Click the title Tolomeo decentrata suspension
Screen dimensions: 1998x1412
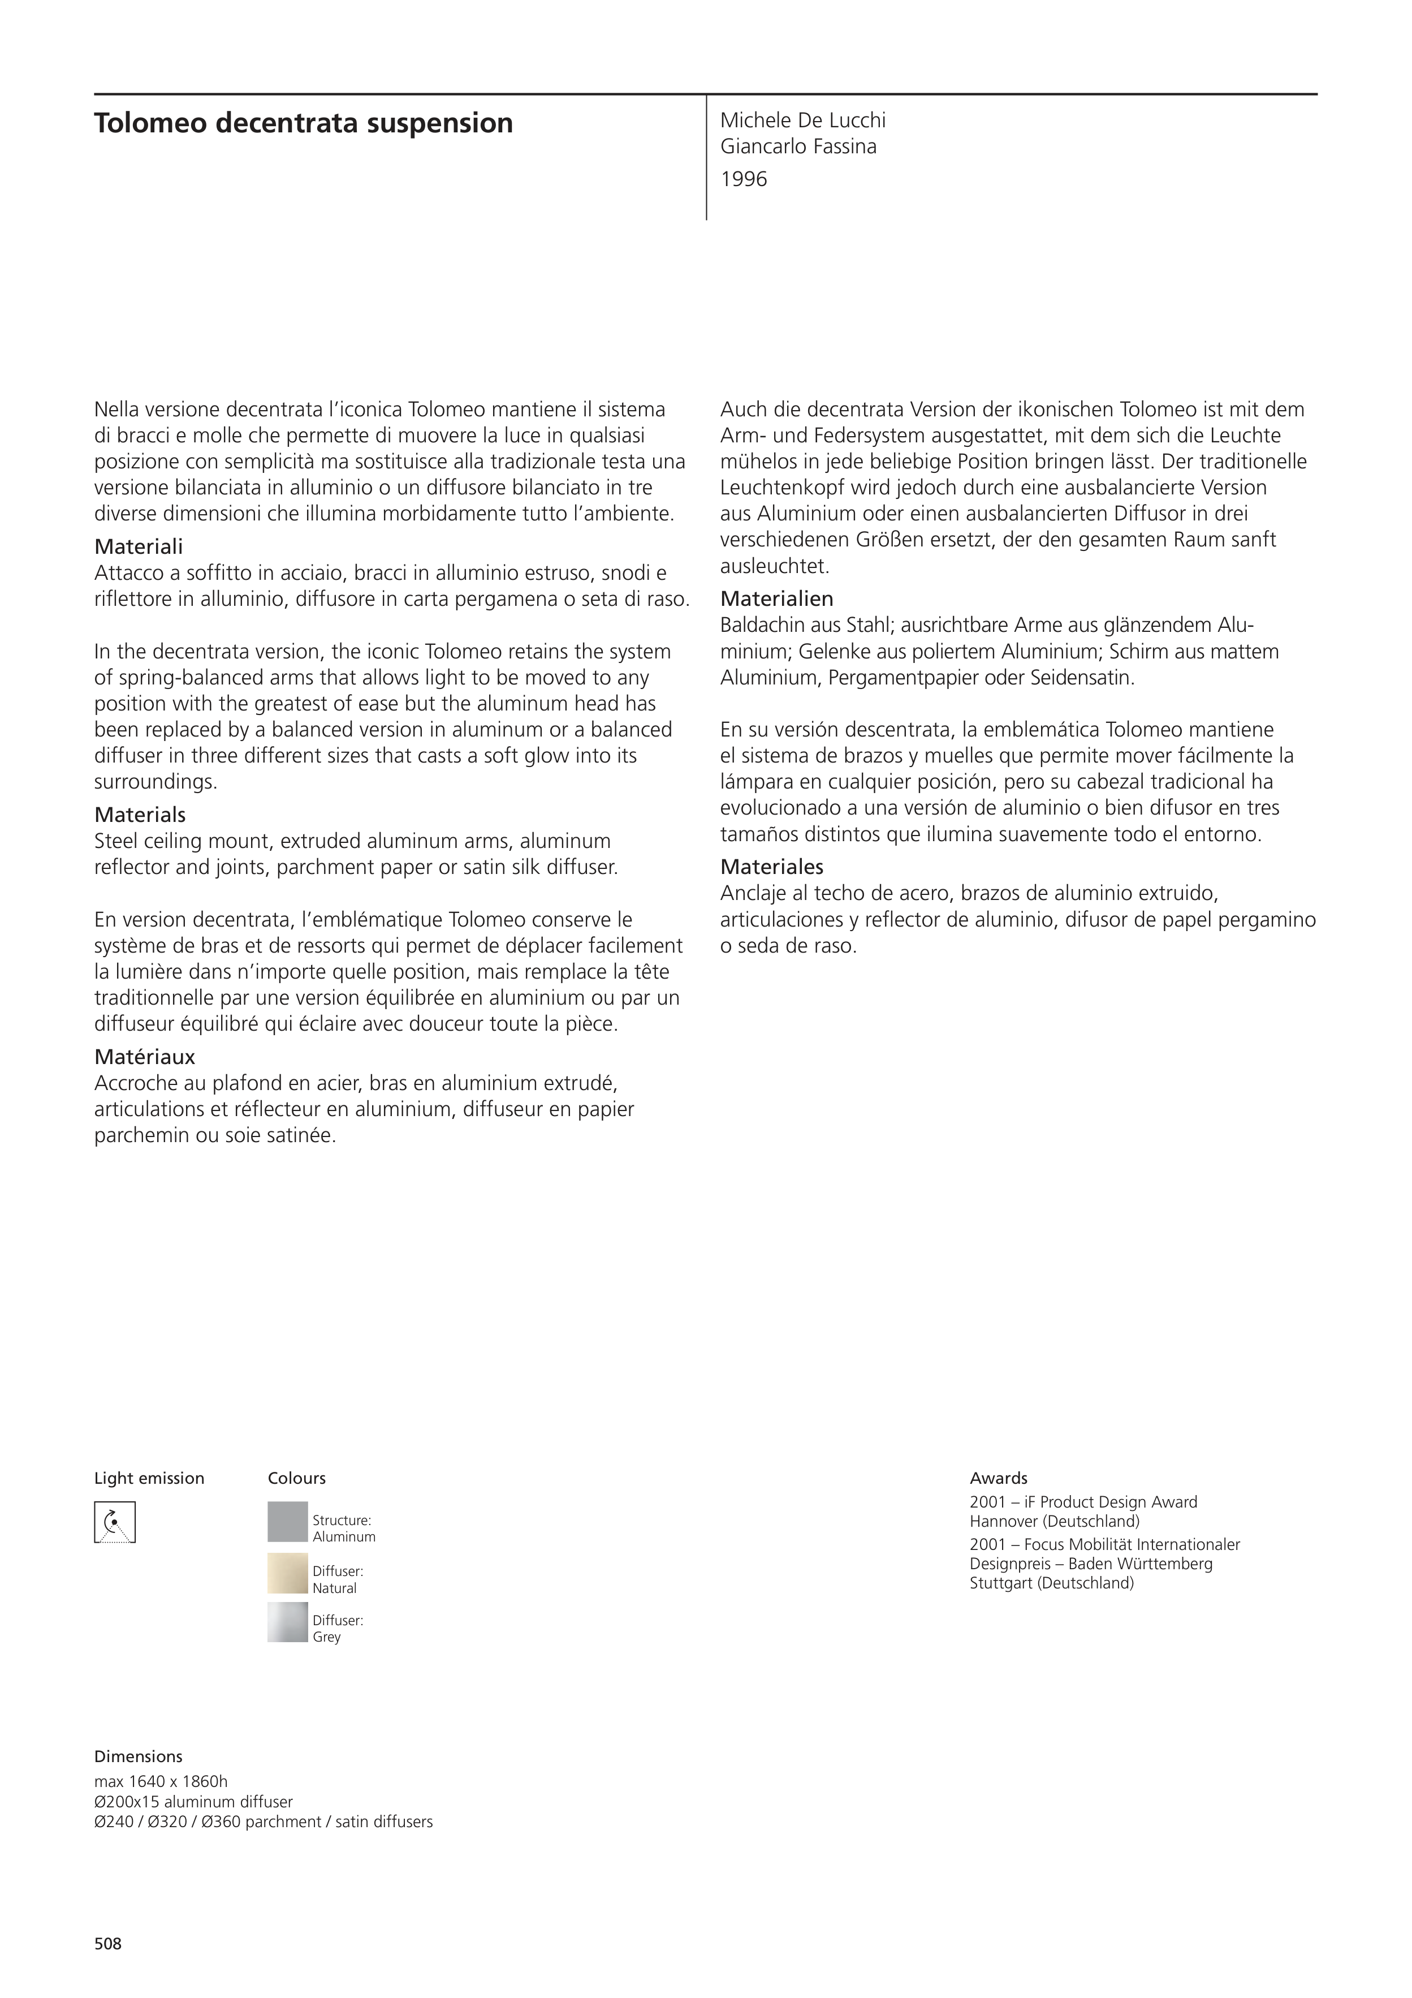[303, 123]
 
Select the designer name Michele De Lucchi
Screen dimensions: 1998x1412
[802, 120]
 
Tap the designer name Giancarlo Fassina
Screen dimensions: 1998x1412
[798, 146]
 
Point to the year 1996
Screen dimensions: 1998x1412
[743, 179]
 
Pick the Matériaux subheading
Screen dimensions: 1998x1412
[144, 1057]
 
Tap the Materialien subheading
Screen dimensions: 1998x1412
[776, 598]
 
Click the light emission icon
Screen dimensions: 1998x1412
[115, 1522]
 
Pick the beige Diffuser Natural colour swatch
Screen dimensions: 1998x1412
[287, 1573]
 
